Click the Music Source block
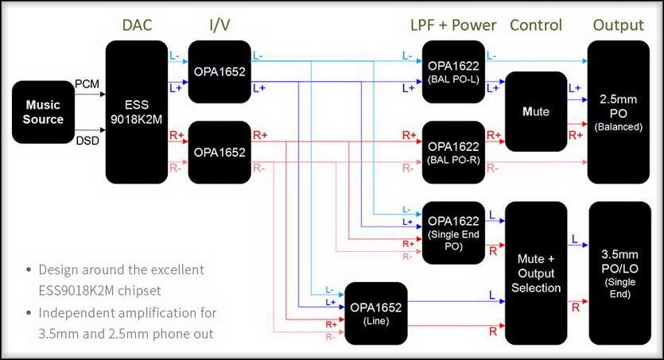pyautogui.click(x=44, y=112)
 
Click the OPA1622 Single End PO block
pyautogui.click(x=453, y=231)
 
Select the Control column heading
pyautogui.click(x=535, y=25)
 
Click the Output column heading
pyautogui.click(x=618, y=25)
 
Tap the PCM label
pyautogui.click(x=86, y=83)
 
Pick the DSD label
pyautogui.click(x=86, y=141)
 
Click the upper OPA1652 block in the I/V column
pyautogui.click(x=219, y=71)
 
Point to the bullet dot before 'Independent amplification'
pyautogui.click(x=29, y=312)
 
